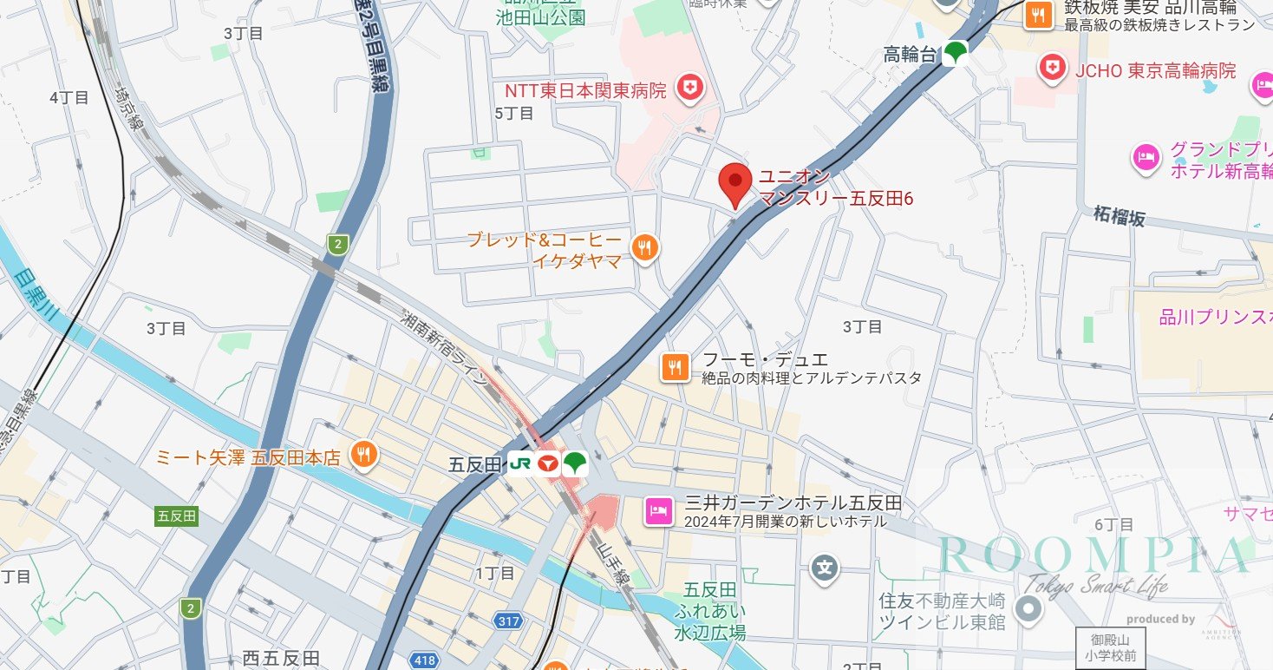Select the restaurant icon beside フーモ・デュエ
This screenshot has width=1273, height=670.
click(x=676, y=367)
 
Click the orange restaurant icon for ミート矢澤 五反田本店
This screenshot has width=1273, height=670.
click(x=363, y=454)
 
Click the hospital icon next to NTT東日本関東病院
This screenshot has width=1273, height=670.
click(x=690, y=88)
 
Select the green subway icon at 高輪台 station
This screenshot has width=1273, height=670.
click(x=956, y=54)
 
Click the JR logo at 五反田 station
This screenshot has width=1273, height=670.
click(x=519, y=464)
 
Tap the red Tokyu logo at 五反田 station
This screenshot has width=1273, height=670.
click(x=547, y=464)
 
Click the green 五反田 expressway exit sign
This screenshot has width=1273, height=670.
click(x=177, y=516)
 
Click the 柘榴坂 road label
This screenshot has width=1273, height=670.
click(x=1119, y=215)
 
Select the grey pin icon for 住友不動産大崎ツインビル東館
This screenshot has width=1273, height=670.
click(x=1028, y=611)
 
